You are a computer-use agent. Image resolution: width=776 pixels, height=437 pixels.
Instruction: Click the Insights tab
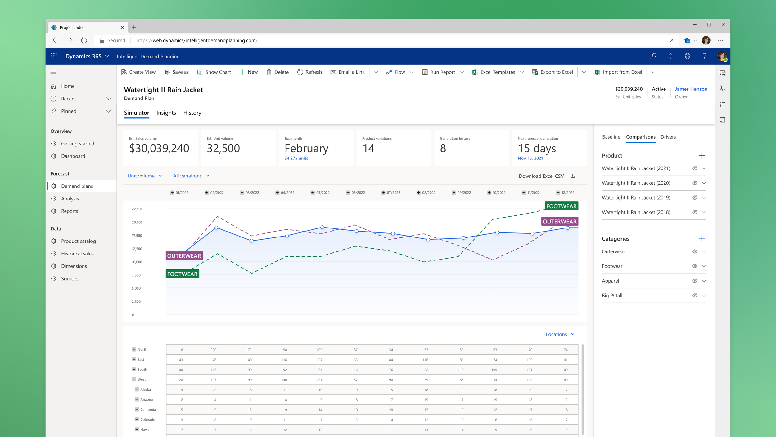pyautogui.click(x=166, y=113)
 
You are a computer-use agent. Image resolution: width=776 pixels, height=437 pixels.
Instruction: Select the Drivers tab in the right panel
pyautogui.click(x=668, y=137)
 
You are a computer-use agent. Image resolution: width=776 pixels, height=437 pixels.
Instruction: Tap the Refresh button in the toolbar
pyautogui.click(x=309, y=72)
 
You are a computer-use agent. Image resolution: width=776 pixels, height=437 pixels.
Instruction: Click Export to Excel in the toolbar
pyautogui.click(x=553, y=72)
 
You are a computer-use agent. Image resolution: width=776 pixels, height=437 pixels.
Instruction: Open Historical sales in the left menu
pyautogui.click(x=77, y=254)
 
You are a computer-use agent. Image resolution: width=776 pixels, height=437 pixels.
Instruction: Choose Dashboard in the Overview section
pyautogui.click(x=73, y=156)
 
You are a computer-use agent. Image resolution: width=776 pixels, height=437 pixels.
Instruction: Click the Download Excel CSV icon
pyautogui.click(x=573, y=176)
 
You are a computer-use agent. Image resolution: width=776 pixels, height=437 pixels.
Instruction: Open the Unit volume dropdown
pyautogui.click(x=145, y=176)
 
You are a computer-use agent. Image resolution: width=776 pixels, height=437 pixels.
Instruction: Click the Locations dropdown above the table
pyautogui.click(x=560, y=334)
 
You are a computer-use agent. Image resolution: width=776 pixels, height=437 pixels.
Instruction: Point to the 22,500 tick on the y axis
pyautogui.click(x=137, y=209)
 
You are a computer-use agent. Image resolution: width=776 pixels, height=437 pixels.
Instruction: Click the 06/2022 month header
pyautogui.click(x=355, y=193)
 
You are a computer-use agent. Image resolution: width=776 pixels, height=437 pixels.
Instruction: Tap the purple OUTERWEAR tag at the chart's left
pyautogui.click(x=184, y=256)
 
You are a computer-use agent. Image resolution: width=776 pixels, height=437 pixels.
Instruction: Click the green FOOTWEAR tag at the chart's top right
pyautogui.click(x=562, y=206)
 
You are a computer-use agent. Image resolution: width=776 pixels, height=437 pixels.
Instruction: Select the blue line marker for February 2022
pyautogui.click(x=216, y=228)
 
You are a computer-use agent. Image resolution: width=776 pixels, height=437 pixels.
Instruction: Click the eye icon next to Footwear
pyautogui.click(x=695, y=266)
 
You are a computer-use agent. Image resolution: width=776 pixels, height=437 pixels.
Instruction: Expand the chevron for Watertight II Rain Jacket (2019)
pyautogui.click(x=704, y=198)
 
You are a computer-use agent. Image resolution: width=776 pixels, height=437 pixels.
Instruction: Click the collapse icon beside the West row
pyautogui.click(x=134, y=379)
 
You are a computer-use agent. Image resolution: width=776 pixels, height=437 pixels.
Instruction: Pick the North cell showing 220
pyautogui.click(x=214, y=350)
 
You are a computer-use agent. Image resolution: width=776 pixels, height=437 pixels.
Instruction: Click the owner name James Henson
pyautogui.click(x=691, y=89)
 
